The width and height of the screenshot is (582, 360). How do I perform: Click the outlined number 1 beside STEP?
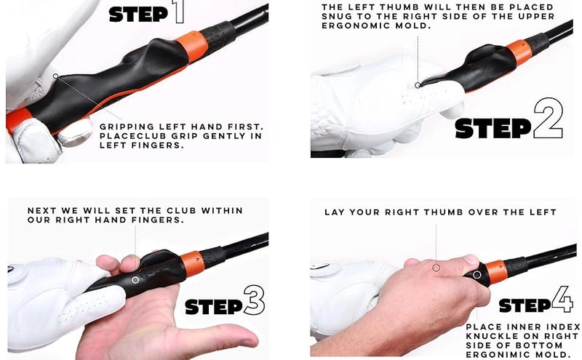[179, 12]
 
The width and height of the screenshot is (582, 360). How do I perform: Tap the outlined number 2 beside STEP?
[548, 119]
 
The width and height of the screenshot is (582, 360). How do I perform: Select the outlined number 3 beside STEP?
[254, 300]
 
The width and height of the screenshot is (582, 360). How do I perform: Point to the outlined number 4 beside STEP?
[562, 299]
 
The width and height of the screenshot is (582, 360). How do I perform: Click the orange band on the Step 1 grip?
[191, 46]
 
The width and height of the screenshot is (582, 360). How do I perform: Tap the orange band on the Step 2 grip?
[519, 52]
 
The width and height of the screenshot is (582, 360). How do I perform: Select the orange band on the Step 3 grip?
[192, 264]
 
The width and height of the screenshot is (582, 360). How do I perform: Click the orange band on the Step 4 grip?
[496, 272]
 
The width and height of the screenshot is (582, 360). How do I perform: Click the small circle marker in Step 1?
[56, 76]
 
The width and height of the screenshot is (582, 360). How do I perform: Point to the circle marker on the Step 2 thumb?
[418, 85]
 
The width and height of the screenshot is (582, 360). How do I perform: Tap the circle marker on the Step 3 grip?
[135, 280]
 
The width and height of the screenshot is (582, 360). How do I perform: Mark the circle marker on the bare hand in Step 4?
[436, 267]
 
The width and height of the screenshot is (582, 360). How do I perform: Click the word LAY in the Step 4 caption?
[334, 212]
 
